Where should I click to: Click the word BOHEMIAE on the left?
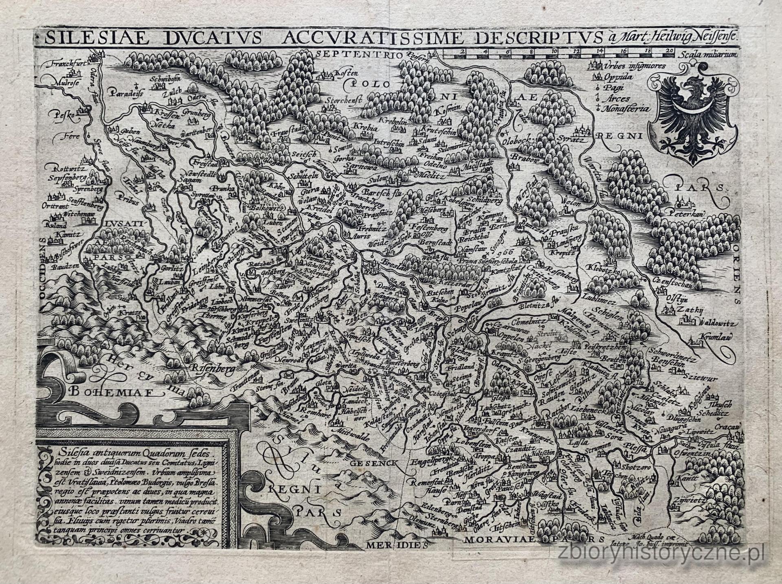(x=112, y=392)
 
